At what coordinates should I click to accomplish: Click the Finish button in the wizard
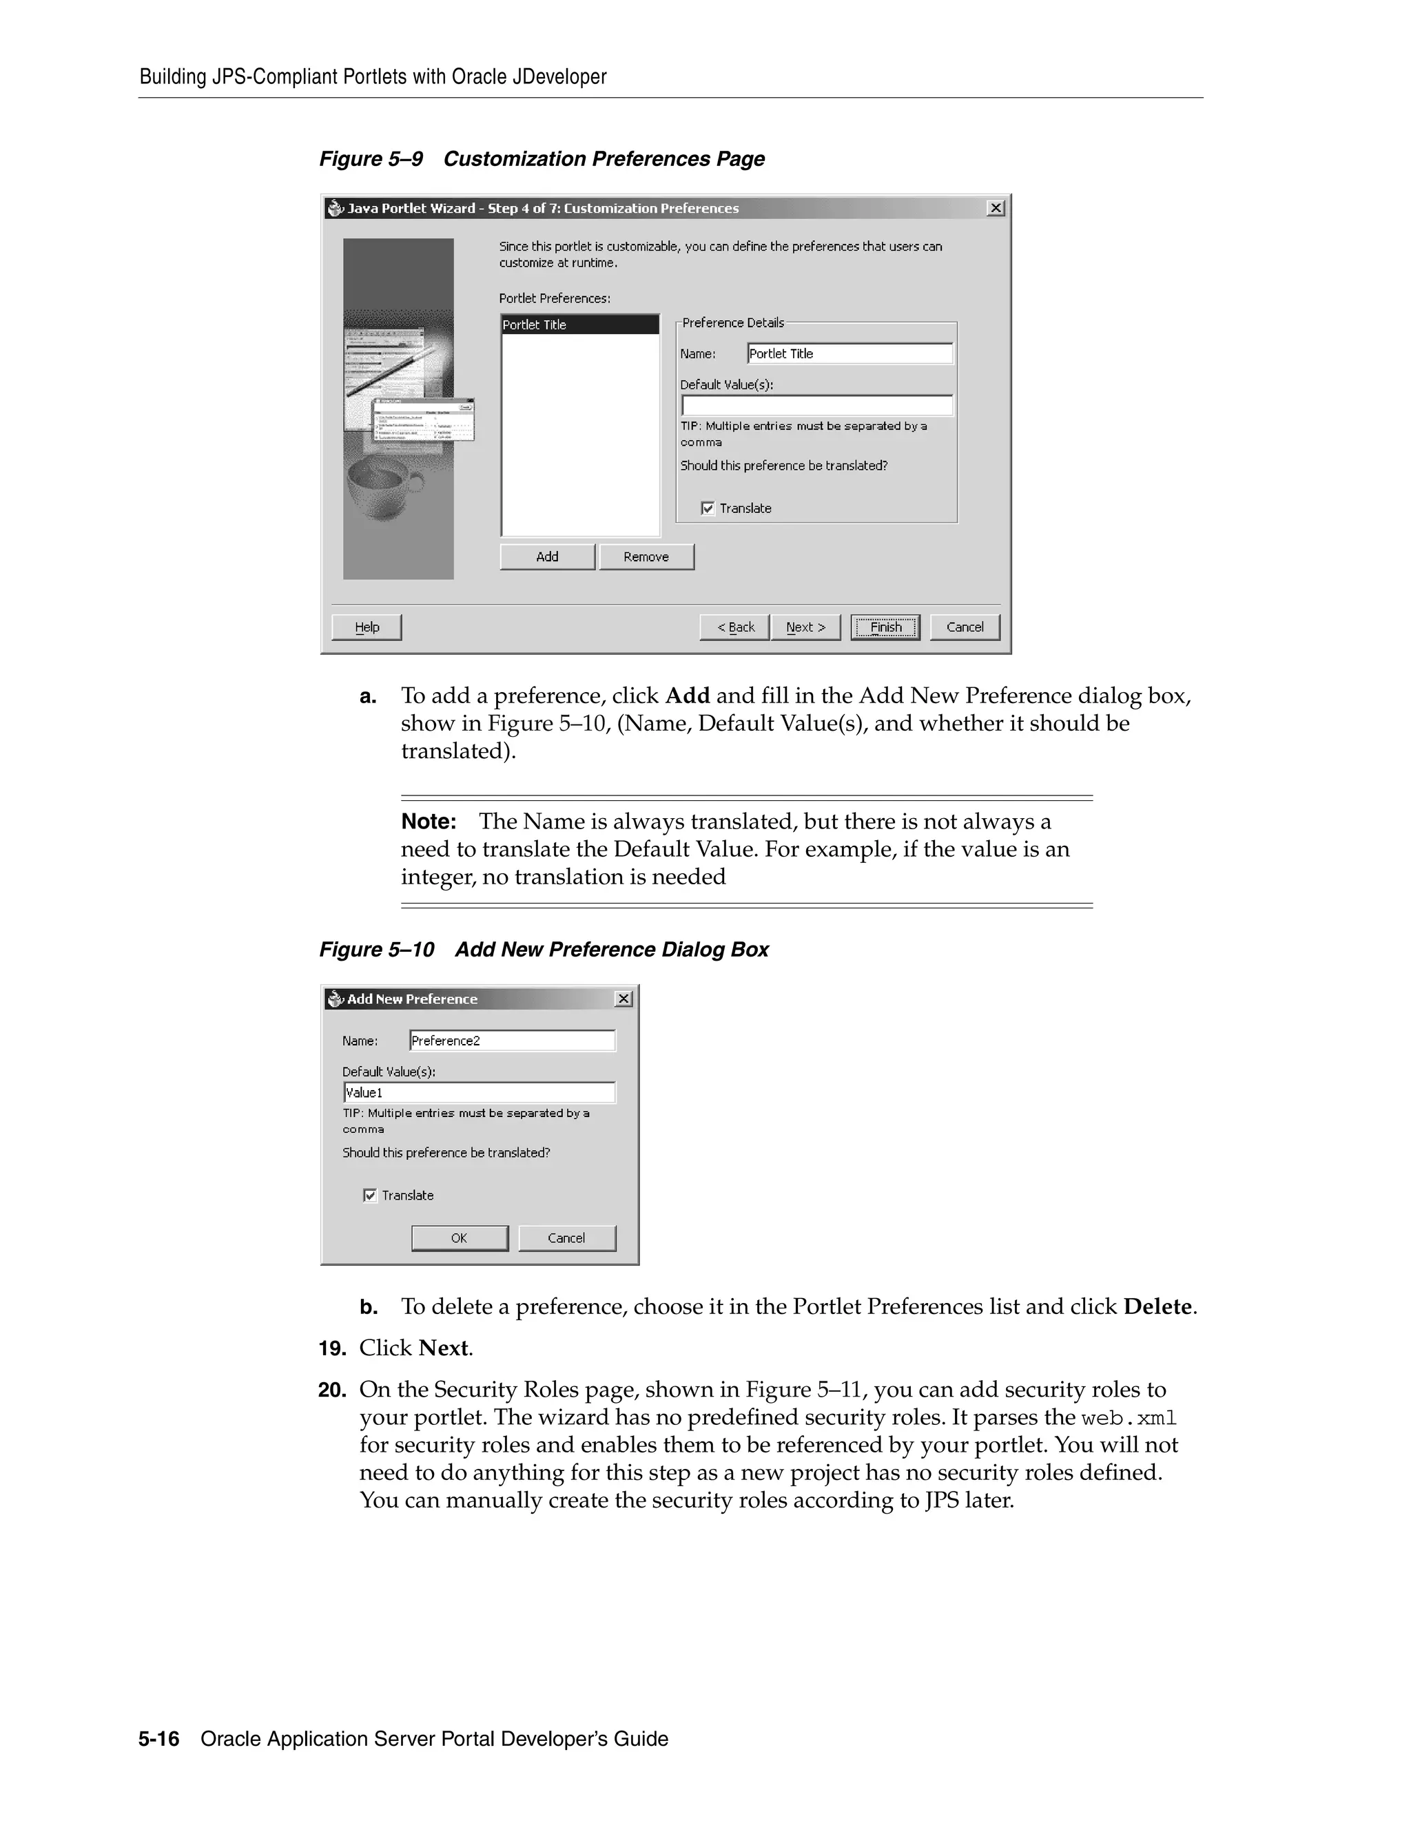tap(885, 627)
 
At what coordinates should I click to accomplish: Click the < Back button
tap(734, 627)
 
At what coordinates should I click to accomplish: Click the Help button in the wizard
tap(366, 627)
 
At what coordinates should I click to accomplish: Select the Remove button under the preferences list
tap(646, 556)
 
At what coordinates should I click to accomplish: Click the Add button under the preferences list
tap(548, 556)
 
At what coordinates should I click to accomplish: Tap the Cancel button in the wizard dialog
tap(965, 627)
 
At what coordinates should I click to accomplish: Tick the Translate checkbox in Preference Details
tap(708, 508)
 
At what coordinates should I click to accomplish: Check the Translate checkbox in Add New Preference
tap(370, 1195)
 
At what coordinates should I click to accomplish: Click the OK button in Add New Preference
tap(459, 1238)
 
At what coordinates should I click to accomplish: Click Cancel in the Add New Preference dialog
tap(567, 1238)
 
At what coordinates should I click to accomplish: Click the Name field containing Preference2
tap(512, 1041)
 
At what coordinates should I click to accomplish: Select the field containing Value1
tap(479, 1092)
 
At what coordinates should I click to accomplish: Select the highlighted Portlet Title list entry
tap(579, 324)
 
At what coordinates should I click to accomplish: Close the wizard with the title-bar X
tap(995, 208)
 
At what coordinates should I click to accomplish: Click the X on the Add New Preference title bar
tap(624, 999)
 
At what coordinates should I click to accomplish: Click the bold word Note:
tap(428, 822)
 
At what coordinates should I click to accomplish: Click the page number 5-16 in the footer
tap(159, 1739)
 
